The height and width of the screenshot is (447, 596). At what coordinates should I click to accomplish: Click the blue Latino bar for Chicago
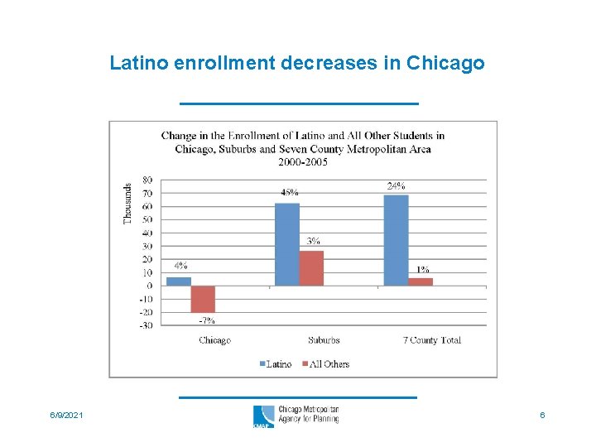(179, 281)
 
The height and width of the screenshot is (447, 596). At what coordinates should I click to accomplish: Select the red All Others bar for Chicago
(203, 299)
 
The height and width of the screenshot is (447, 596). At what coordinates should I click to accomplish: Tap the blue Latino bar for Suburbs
(286, 244)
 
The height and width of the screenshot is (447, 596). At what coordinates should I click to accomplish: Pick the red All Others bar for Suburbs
(311, 268)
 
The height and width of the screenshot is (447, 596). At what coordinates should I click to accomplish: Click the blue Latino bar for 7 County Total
(396, 240)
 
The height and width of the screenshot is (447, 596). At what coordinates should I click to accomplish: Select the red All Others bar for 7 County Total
(421, 281)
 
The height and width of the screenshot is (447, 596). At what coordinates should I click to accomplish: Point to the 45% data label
(290, 192)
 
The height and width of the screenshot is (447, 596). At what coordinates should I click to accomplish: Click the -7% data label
(207, 320)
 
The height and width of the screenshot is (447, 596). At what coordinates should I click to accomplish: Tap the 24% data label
(396, 185)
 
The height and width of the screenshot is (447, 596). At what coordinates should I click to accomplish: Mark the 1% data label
(422, 269)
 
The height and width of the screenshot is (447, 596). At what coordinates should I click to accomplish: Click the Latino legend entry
(276, 364)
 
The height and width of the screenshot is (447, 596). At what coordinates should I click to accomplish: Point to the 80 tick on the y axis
(147, 180)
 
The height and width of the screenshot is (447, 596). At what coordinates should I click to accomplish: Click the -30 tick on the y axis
(145, 325)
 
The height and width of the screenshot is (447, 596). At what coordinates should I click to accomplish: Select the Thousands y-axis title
(127, 203)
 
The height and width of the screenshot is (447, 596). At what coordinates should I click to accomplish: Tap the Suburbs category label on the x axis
(324, 340)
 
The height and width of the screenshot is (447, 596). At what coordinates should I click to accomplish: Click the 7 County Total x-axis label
(431, 340)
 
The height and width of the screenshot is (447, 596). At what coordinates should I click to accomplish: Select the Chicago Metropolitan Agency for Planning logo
(296, 415)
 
